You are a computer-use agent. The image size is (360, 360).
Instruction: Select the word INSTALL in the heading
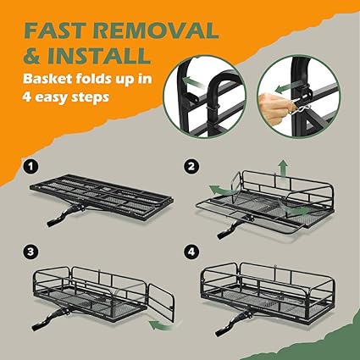[98, 55]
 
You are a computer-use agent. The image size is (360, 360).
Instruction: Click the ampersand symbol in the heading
[32, 55]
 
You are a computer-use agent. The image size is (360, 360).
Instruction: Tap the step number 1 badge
[30, 167]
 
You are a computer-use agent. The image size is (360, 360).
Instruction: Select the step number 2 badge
[191, 167]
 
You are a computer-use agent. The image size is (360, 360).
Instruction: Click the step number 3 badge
[30, 252]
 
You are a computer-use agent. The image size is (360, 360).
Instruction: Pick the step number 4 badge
[191, 252]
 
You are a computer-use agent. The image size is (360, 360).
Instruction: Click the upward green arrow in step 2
[282, 169]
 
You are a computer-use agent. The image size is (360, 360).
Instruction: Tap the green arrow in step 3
[161, 324]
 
